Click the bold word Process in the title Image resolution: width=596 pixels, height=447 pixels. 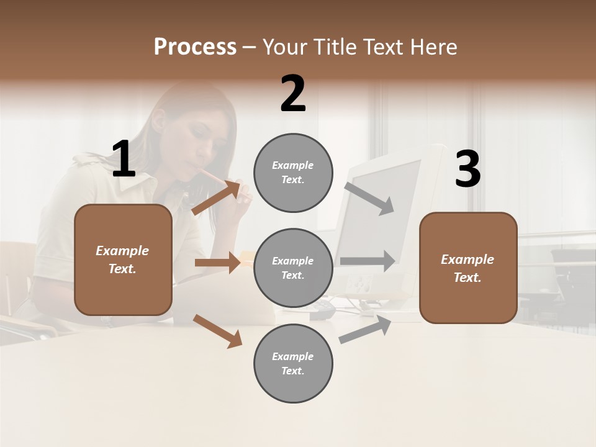pos(195,47)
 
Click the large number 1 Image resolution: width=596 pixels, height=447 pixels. pos(123,160)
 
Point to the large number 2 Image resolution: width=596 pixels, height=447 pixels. pos(293,94)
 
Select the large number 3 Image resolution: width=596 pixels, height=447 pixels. pos(467,169)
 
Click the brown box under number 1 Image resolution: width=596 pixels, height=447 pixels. pos(123,260)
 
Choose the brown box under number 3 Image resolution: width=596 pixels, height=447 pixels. pos(468,268)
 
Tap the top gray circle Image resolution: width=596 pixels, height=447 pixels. pos(293,173)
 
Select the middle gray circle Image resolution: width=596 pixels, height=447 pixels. pos(293,268)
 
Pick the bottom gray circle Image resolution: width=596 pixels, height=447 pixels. pos(293,364)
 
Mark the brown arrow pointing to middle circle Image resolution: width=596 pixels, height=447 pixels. pos(218,263)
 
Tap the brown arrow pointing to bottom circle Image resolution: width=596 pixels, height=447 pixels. pos(218,330)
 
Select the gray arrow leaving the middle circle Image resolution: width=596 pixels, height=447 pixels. pos(368,261)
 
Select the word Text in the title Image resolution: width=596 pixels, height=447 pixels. pos(383,47)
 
